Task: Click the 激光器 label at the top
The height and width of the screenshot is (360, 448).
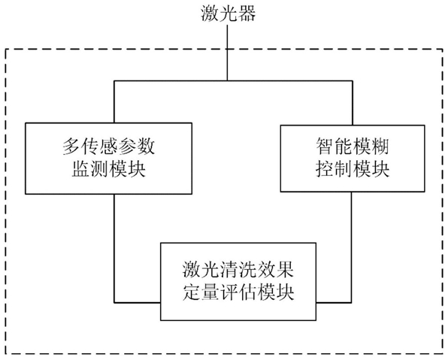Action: [228, 14]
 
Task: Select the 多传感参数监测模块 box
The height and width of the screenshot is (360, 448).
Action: [108, 159]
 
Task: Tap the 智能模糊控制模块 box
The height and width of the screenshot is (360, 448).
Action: [353, 159]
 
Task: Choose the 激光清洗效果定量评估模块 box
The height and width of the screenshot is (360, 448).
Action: [238, 281]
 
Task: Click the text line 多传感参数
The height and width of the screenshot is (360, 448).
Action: [108, 147]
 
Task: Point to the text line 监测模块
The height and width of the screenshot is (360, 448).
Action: [108, 169]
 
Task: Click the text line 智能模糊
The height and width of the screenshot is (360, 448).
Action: [353, 147]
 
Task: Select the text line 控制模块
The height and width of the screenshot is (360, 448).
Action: [353, 169]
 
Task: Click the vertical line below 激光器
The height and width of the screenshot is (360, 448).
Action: [228, 53]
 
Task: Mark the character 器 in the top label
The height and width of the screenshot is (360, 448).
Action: [247, 14]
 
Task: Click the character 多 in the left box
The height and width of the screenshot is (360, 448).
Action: [71, 147]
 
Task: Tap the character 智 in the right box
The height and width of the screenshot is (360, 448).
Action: [325, 147]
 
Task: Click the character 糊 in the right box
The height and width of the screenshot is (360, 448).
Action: [380, 147]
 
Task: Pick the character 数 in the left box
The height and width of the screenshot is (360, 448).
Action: [146, 147]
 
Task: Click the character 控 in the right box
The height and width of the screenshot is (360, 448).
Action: [325, 169]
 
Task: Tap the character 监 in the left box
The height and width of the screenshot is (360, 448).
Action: [80, 169]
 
